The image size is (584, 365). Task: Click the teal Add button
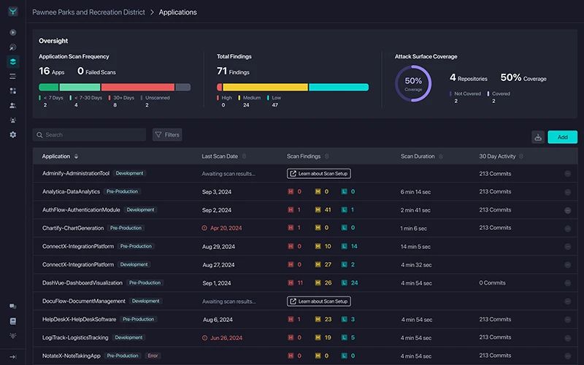[x=562, y=137]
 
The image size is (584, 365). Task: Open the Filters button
[x=167, y=135]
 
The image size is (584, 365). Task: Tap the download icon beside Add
[x=539, y=137]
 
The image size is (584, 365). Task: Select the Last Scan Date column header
[x=220, y=156]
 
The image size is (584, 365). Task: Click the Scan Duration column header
[x=418, y=156]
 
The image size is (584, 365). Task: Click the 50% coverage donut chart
[x=413, y=83]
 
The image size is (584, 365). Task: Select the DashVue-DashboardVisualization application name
[x=82, y=283]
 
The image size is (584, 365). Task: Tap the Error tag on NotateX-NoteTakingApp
[x=153, y=356]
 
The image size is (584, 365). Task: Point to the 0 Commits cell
[x=492, y=283]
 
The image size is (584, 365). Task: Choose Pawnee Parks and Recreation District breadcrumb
[x=88, y=12]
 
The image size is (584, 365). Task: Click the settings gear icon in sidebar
[x=12, y=135]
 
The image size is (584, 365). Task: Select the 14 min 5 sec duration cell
[x=418, y=246]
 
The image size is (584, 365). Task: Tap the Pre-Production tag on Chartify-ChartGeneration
[x=125, y=228]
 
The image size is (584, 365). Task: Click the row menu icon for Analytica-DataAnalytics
[x=567, y=192]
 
